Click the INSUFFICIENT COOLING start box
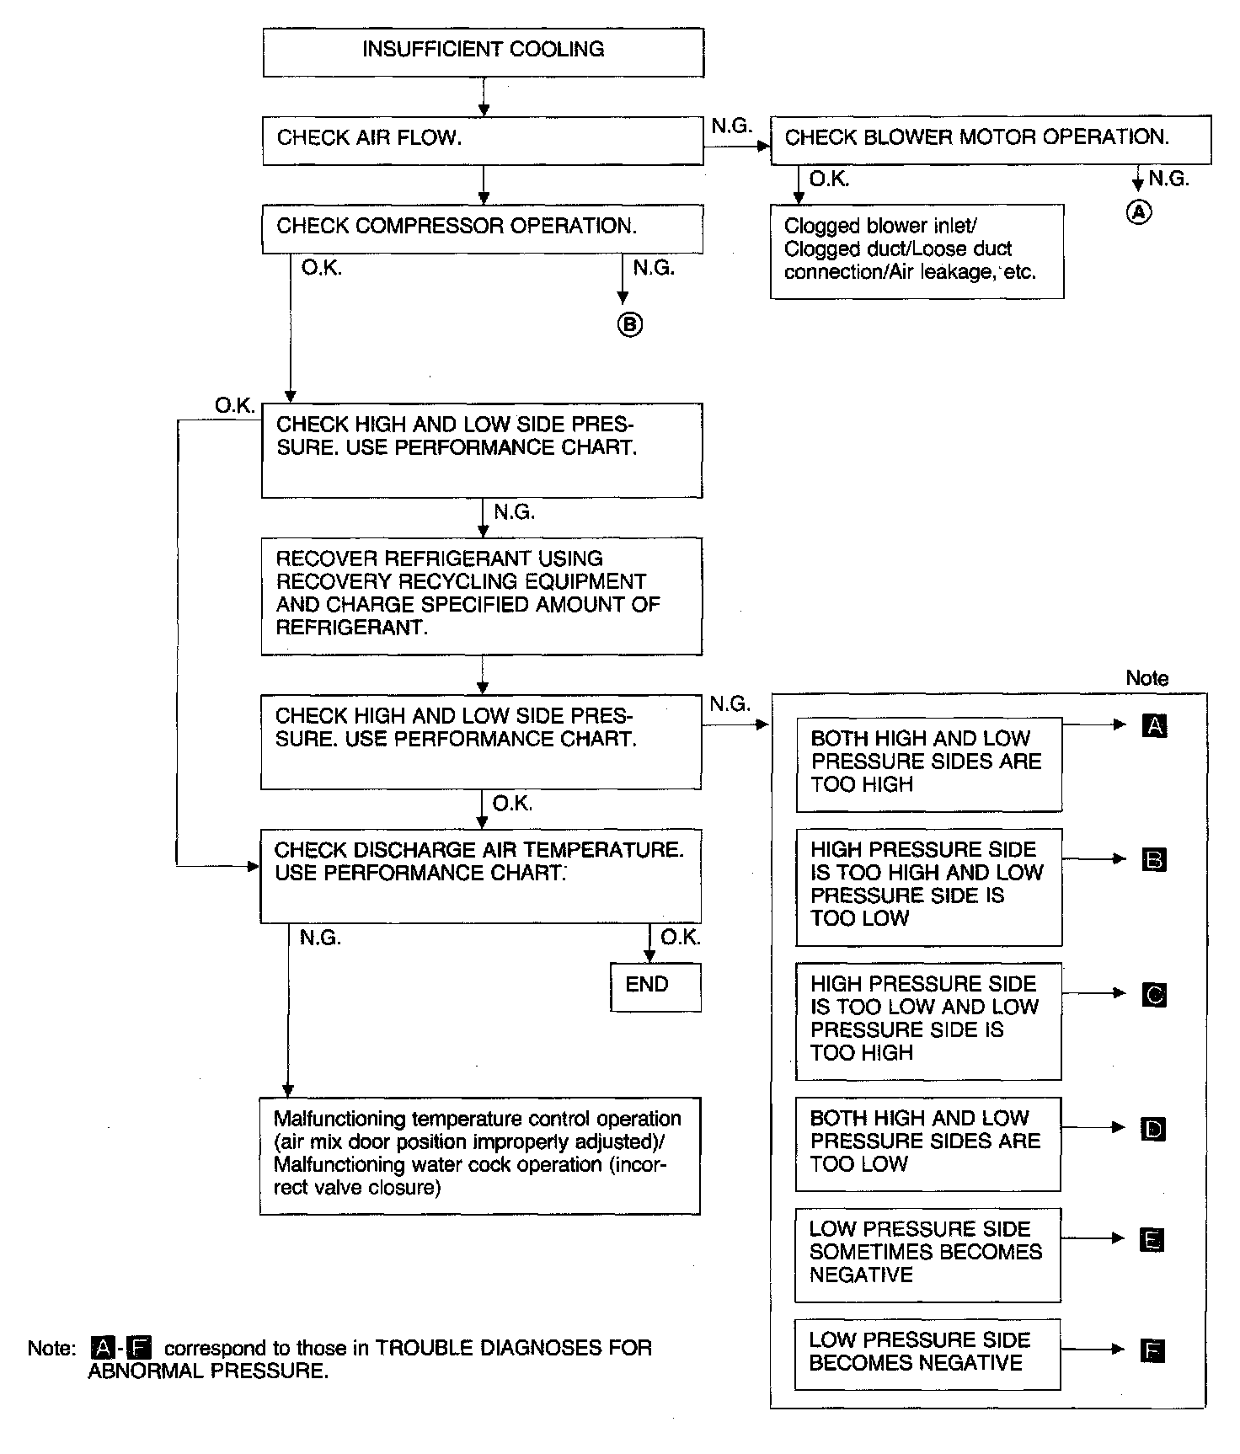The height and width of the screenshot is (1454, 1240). point(483,52)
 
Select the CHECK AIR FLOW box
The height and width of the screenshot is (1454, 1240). point(483,141)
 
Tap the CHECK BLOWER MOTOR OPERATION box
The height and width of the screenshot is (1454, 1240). point(991,139)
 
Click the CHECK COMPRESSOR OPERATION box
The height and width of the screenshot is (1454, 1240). point(482,228)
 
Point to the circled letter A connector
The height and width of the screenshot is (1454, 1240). point(1138,212)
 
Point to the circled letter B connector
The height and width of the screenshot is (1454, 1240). point(630,324)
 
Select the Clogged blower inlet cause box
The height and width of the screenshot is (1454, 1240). point(917,251)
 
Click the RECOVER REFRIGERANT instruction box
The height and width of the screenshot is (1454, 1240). point(481,596)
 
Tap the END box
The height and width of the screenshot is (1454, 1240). point(655,986)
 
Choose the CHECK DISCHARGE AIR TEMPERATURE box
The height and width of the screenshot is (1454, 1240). point(480,876)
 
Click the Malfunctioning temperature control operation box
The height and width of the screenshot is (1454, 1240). point(479,1155)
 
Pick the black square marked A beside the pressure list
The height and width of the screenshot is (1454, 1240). point(1155,725)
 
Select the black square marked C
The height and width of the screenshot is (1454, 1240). point(1154,995)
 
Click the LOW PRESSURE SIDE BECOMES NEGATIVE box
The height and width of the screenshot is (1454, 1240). point(927,1354)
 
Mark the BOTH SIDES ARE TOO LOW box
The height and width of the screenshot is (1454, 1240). point(927,1143)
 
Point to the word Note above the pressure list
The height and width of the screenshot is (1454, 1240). point(1146,678)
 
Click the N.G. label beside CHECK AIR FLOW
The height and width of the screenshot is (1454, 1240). point(730,126)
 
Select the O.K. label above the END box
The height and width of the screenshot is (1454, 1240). point(680,938)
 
